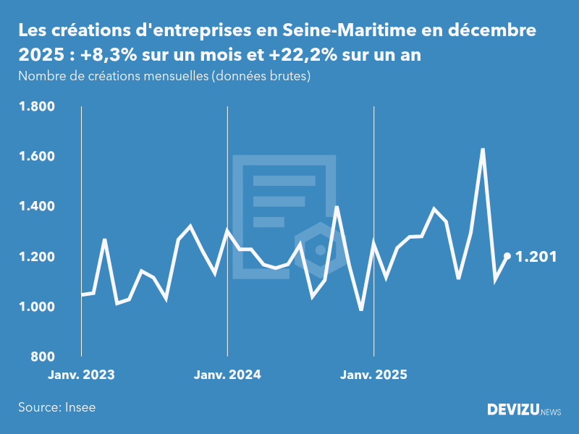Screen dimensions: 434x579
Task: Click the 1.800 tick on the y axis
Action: click(x=36, y=107)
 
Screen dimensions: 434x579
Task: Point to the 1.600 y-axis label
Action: click(x=36, y=157)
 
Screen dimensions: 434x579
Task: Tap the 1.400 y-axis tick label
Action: click(x=36, y=207)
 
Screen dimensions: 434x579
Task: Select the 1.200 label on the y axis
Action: click(x=36, y=257)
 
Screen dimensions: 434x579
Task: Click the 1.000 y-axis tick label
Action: click(x=36, y=307)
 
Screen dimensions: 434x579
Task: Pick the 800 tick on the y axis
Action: click(x=42, y=357)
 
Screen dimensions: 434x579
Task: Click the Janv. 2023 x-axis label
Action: click(x=81, y=375)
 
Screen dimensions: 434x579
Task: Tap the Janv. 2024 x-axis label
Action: click(x=227, y=375)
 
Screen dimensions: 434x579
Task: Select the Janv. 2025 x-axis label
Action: click(x=373, y=375)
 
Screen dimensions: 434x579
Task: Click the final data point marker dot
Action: click(x=507, y=256)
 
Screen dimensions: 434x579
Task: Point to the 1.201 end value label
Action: click(x=536, y=256)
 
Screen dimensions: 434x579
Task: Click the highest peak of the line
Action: click(x=483, y=149)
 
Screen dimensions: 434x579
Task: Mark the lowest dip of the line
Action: click(x=361, y=310)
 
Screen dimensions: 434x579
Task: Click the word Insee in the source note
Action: click(x=80, y=407)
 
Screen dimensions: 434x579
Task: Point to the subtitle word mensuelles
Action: click(x=172, y=77)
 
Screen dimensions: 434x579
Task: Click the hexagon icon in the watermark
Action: click(x=319, y=250)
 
